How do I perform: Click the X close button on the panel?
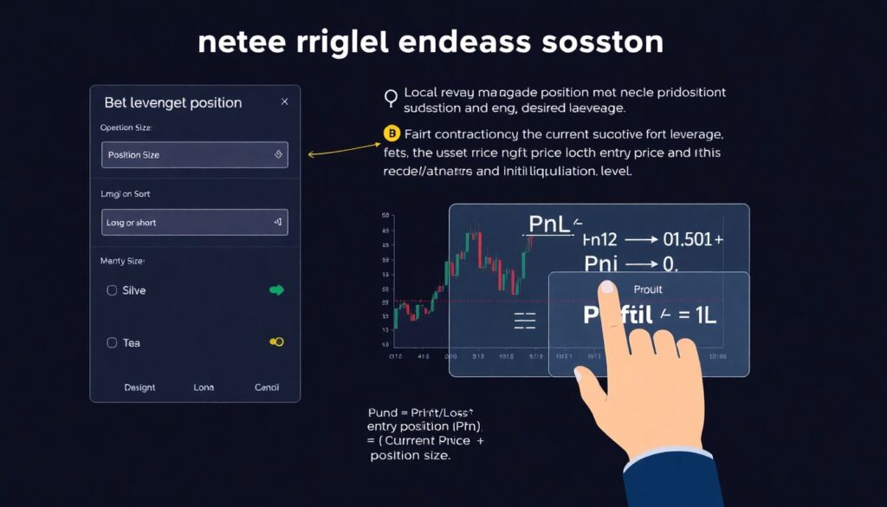[x=285, y=102]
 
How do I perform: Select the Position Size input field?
[x=195, y=154]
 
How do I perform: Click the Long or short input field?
[x=195, y=223]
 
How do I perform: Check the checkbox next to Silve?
[x=112, y=290]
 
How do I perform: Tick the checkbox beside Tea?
[x=112, y=342]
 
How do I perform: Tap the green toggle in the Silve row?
[x=276, y=290]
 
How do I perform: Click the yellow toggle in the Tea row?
[x=276, y=342]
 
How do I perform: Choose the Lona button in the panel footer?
[x=203, y=387]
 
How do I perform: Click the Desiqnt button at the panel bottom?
[x=139, y=387]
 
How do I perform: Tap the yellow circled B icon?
[x=392, y=134]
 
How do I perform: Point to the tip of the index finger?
[x=607, y=288]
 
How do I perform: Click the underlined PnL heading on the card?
[x=549, y=224]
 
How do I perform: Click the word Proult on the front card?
[x=647, y=289]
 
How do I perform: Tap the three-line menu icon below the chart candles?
[x=525, y=322]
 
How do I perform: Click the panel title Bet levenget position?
[x=173, y=102]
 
